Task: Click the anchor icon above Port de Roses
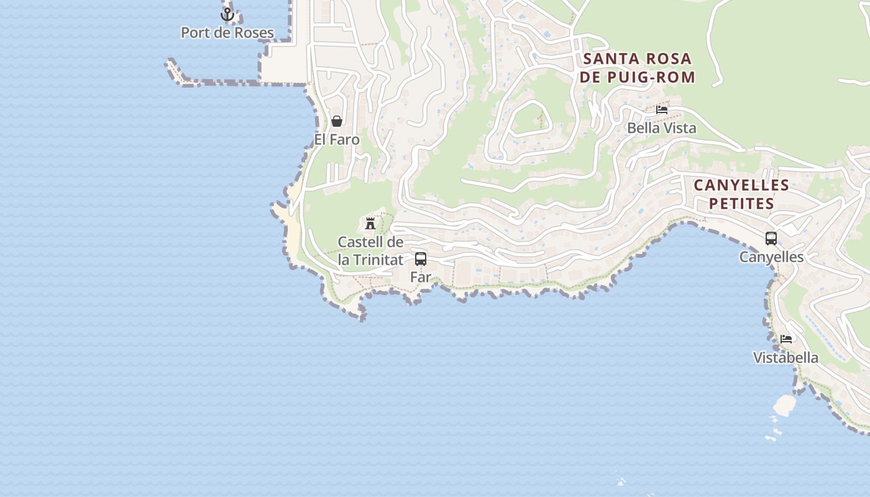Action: click(227, 14)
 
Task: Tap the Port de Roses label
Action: click(227, 32)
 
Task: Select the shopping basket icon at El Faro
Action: click(336, 121)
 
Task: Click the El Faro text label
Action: click(337, 139)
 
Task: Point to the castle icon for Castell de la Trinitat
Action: click(370, 223)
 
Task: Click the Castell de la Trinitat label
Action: click(370, 250)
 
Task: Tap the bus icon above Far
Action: click(421, 258)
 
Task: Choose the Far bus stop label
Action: click(421, 277)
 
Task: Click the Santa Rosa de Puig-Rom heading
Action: click(638, 68)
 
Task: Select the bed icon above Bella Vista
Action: click(662, 110)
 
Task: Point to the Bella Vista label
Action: click(662, 128)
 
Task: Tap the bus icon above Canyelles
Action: click(771, 238)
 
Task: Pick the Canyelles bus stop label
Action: click(771, 257)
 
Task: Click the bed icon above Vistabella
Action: click(786, 339)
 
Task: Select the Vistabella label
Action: click(785, 358)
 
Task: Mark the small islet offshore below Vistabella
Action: click(784, 405)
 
